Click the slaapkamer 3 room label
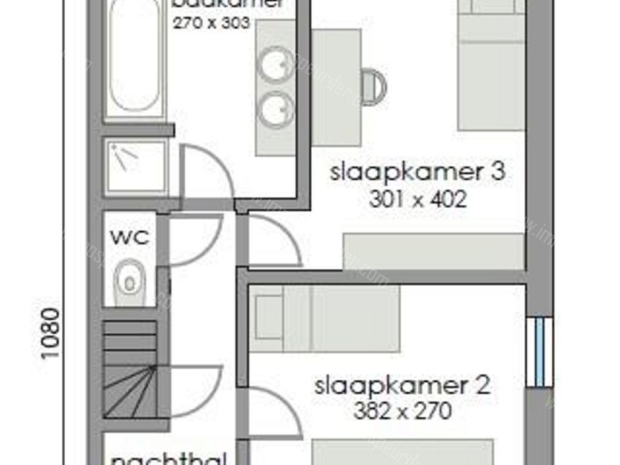click(x=417, y=172)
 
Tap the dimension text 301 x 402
click(x=417, y=199)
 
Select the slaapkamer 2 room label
click(x=402, y=386)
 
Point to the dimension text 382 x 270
click(x=402, y=412)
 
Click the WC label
click(x=130, y=237)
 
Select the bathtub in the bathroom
click(x=134, y=58)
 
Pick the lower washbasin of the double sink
click(x=275, y=110)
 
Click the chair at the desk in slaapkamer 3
click(x=374, y=87)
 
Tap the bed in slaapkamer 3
click(x=490, y=67)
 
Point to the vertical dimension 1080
click(x=51, y=333)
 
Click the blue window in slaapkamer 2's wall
click(x=539, y=352)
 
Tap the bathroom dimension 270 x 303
click(x=211, y=23)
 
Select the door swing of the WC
click(x=193, y=239)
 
